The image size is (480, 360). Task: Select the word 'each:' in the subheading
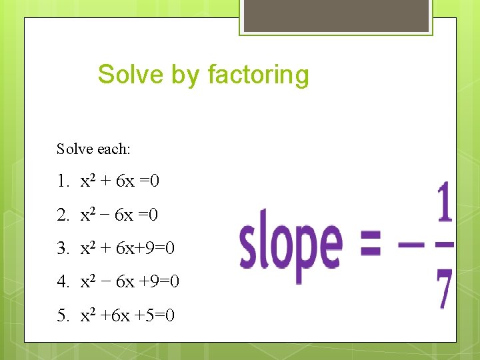(114, 149)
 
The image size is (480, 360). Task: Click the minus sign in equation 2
(106, 215)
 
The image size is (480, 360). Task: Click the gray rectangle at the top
(335, 15)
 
